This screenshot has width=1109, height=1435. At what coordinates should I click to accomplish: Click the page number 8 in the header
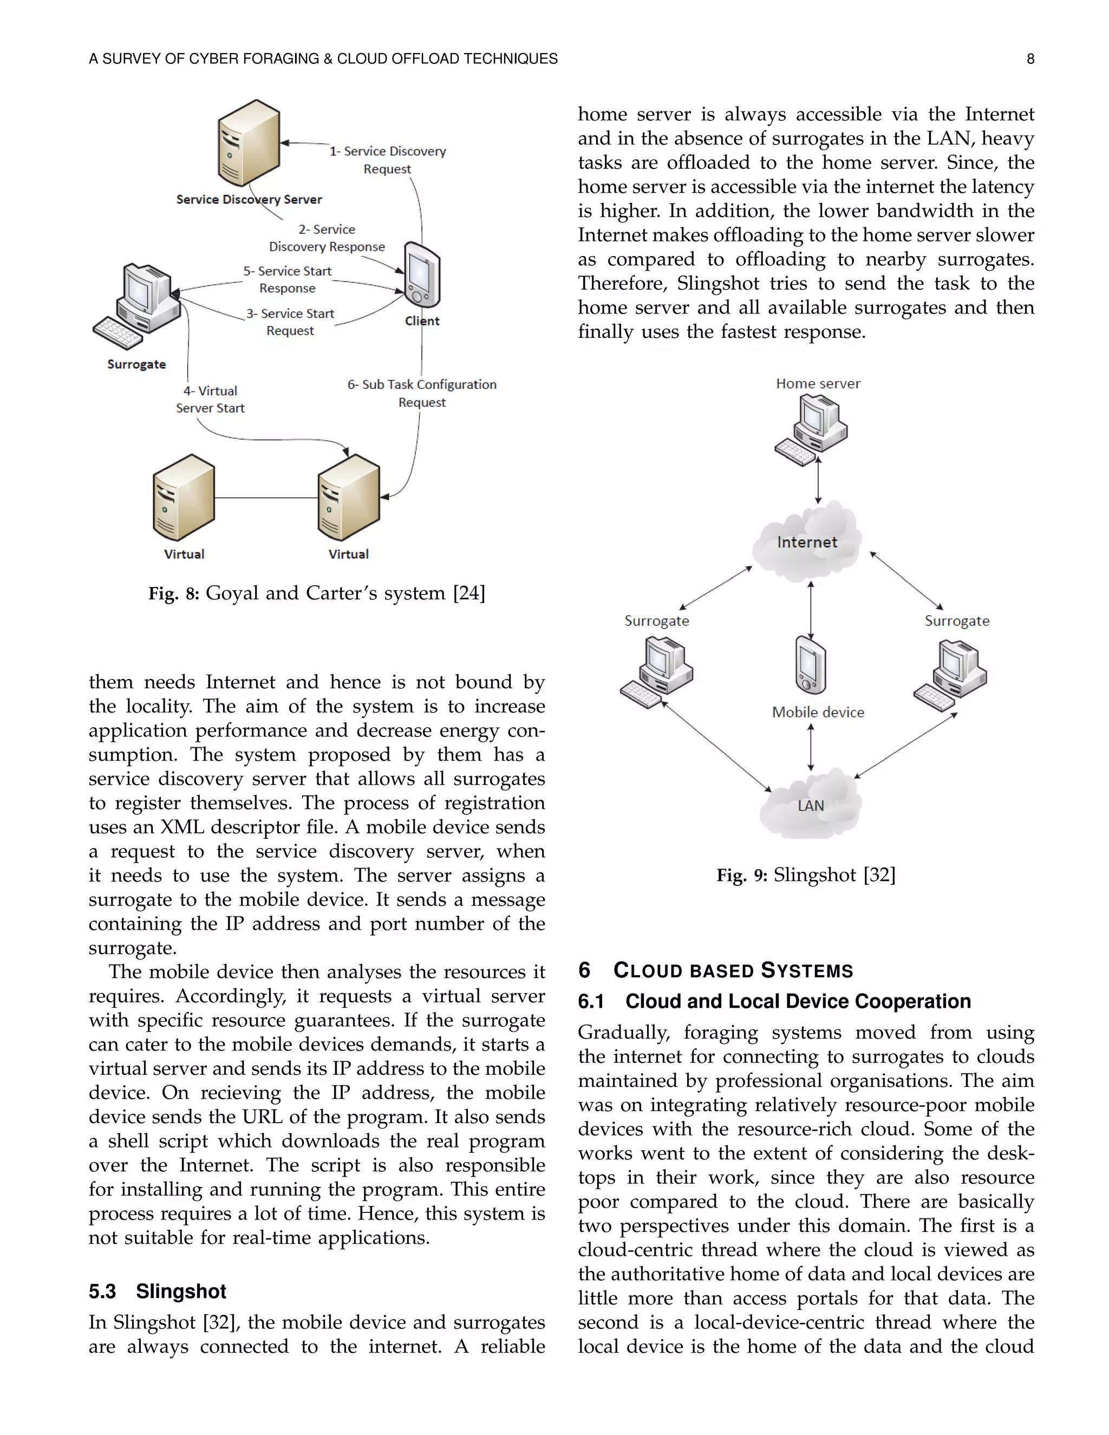1030,59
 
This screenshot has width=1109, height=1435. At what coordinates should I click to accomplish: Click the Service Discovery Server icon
249,143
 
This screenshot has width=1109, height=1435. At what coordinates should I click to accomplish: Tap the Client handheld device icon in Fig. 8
422,275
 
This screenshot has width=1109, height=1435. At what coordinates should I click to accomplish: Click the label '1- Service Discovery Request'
388,160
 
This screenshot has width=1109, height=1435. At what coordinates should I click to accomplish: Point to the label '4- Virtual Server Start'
210,400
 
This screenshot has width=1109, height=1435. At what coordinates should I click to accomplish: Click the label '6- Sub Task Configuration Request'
422,393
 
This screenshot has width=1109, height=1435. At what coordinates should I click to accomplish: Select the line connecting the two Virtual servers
266,498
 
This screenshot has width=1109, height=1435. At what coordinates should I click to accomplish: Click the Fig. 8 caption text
317,593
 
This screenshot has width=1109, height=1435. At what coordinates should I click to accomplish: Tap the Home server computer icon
811,432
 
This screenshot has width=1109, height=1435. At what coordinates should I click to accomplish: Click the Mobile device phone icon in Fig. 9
811,665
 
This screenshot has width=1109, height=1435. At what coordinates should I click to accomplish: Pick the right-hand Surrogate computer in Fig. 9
951,675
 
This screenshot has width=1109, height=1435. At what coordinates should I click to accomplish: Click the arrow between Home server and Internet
818,480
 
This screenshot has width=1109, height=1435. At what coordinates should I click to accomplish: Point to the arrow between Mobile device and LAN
811,747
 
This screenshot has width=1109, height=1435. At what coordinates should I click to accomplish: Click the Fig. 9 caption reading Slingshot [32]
806,875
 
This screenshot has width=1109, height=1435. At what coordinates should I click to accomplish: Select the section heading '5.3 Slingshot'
158,1291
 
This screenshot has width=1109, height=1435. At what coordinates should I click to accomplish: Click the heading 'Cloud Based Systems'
733,970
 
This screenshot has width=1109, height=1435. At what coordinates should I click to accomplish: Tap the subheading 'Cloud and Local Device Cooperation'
798,1001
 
